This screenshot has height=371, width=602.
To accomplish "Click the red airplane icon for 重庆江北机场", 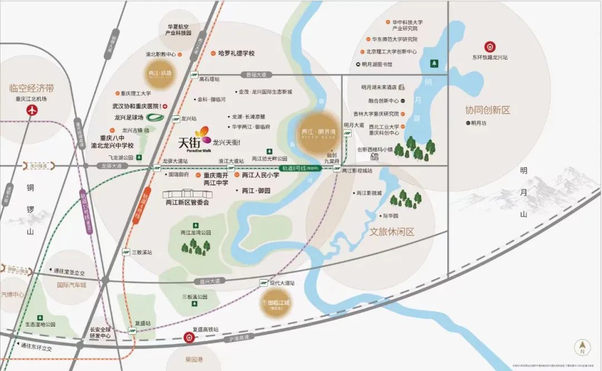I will (31, 110).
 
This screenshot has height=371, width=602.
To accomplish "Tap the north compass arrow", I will (582, 348).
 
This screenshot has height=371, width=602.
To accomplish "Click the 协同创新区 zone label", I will (488, 110).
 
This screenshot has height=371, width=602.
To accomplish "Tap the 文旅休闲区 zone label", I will (392, 231).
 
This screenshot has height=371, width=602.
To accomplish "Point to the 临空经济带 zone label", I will (32, 88).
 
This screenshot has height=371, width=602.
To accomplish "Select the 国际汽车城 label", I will (71, 285).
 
